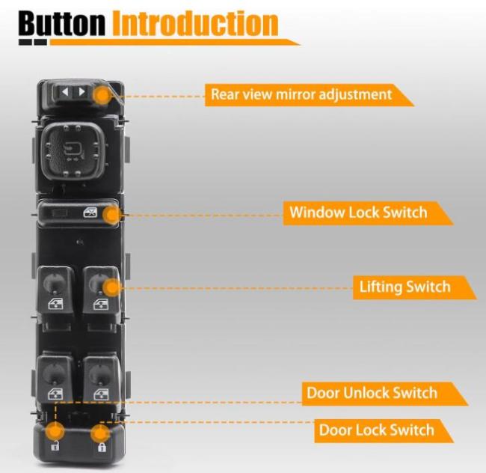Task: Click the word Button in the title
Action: coord(61,23)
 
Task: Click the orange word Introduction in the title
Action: coord(195,23)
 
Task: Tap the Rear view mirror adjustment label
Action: coord(301,94)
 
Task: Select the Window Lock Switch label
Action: coord(358,213)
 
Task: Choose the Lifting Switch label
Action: coord(405,287)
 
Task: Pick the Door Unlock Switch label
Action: coord(372,393)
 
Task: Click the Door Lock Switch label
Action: coord(377,430)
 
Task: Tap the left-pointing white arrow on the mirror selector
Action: coord(65,92)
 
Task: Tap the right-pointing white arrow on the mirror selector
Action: coord(81,92)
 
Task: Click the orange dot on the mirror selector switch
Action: coord(102,95)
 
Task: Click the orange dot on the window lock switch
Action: coord(112,215)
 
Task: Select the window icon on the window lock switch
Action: coord(90,213)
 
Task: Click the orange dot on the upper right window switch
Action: coord(112,287)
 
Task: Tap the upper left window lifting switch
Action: coord(56,290)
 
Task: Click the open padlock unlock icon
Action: coord(55,445)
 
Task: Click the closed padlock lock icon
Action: coord(102,447)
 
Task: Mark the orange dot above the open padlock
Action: coord(55,431)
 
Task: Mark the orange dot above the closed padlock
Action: coord(100,433)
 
